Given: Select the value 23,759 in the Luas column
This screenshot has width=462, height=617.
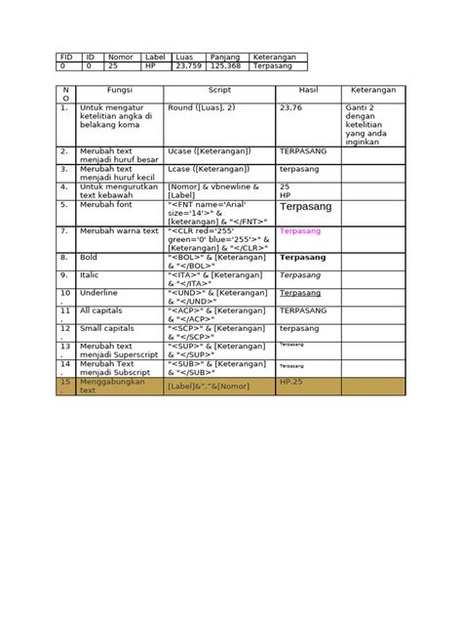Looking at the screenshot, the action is [x=187, y=66].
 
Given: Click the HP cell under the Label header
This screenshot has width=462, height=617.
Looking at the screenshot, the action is [x=150, y=66].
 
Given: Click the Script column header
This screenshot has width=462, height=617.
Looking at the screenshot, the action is [x=219, y=89].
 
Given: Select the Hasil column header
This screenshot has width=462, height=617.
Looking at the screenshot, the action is [x=308, y=89].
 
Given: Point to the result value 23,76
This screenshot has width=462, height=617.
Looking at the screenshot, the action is [x=291, y=108].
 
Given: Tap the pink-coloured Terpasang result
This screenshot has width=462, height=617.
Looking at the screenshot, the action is [x=299, y=232].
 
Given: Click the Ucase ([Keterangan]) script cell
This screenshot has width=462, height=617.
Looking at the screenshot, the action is [x=210, y=151].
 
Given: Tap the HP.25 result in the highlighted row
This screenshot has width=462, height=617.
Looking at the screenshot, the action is [x=292, y=380].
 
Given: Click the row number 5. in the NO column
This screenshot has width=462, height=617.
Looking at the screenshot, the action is [x=64, y=206].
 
